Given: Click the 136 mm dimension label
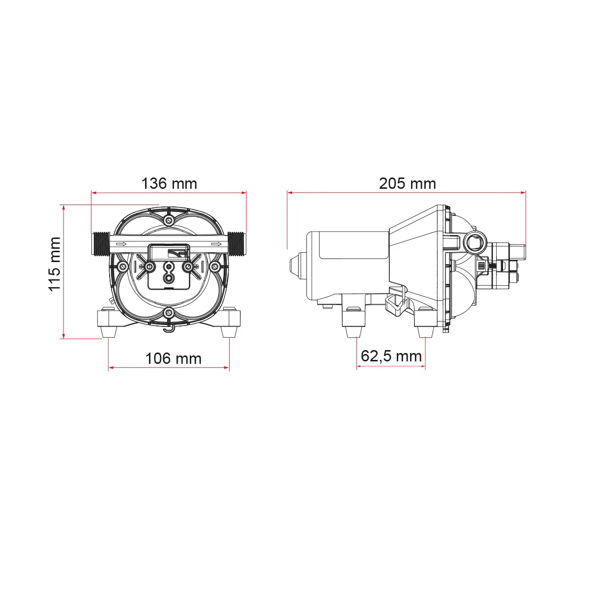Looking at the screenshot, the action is point(169,184).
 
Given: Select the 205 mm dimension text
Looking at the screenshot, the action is point(407,184).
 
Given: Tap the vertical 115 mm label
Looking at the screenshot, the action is point(55,264).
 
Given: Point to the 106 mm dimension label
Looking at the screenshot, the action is point(173,358).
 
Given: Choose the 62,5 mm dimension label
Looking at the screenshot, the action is point(391,356).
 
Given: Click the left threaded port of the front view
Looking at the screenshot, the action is point(101,244).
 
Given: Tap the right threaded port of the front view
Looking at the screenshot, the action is point(236,244).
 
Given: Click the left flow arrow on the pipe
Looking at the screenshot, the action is point(121,244).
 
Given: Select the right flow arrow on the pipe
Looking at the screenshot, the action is point(216,244).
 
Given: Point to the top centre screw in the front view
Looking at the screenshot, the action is point(169,220).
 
